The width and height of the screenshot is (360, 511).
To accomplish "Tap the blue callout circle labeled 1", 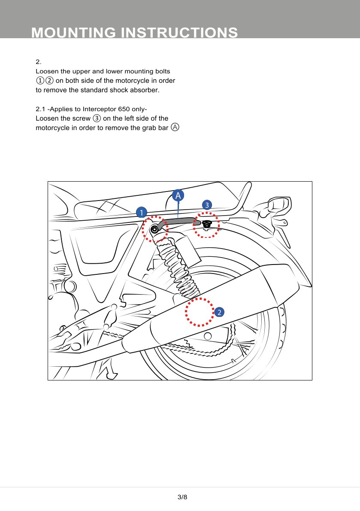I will (141, 212).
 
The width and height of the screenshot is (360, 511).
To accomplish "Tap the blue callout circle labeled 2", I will (219, 312).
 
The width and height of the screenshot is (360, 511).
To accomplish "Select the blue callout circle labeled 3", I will (207, 204).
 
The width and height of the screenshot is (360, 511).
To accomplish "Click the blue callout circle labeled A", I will (178, 195).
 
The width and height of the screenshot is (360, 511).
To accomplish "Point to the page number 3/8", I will (182, 497).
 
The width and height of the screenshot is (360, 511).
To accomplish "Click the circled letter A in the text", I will (175, 127).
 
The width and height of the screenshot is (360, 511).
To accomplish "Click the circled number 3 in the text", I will (97, 118).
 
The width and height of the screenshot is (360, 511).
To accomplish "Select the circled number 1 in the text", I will (39, 81).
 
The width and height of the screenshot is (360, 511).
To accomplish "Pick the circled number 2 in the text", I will (50, 81).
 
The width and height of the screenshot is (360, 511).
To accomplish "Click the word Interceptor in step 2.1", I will (99, 109).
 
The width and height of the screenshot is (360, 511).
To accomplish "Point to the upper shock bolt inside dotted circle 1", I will (154, 229).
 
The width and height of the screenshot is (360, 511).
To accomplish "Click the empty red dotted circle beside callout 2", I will (200, 312).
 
